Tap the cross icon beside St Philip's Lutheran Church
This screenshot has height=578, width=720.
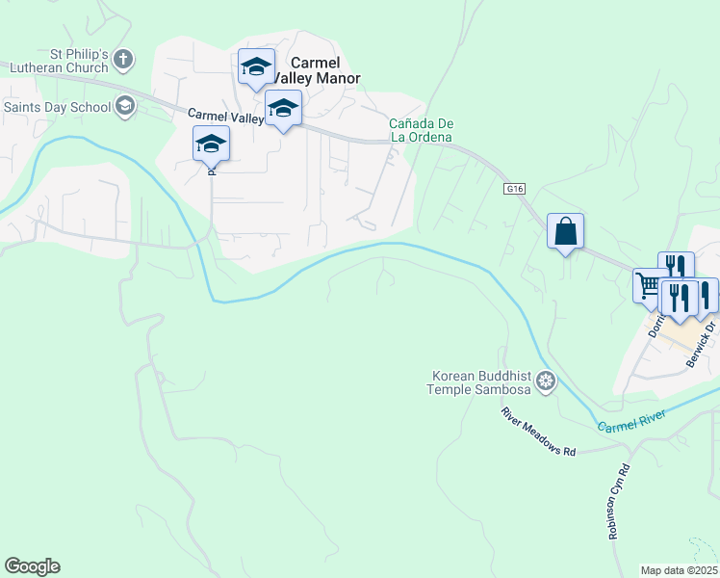click(123, 61)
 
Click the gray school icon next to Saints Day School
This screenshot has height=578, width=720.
click(125, 106)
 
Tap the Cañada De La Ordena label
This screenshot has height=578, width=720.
click(421, 130)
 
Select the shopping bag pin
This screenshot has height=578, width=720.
click(565, 232)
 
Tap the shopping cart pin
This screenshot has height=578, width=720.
click(649, 286)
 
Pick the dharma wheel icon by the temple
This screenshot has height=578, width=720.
click(547, 382)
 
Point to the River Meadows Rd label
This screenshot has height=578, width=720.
click(536, 432)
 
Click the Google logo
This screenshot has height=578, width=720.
click(32, 566)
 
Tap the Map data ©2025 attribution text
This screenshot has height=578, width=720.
click(680, 570)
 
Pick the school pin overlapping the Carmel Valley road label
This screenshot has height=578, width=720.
click(283, 108)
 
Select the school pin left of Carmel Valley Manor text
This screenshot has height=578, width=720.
click(256, 67)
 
